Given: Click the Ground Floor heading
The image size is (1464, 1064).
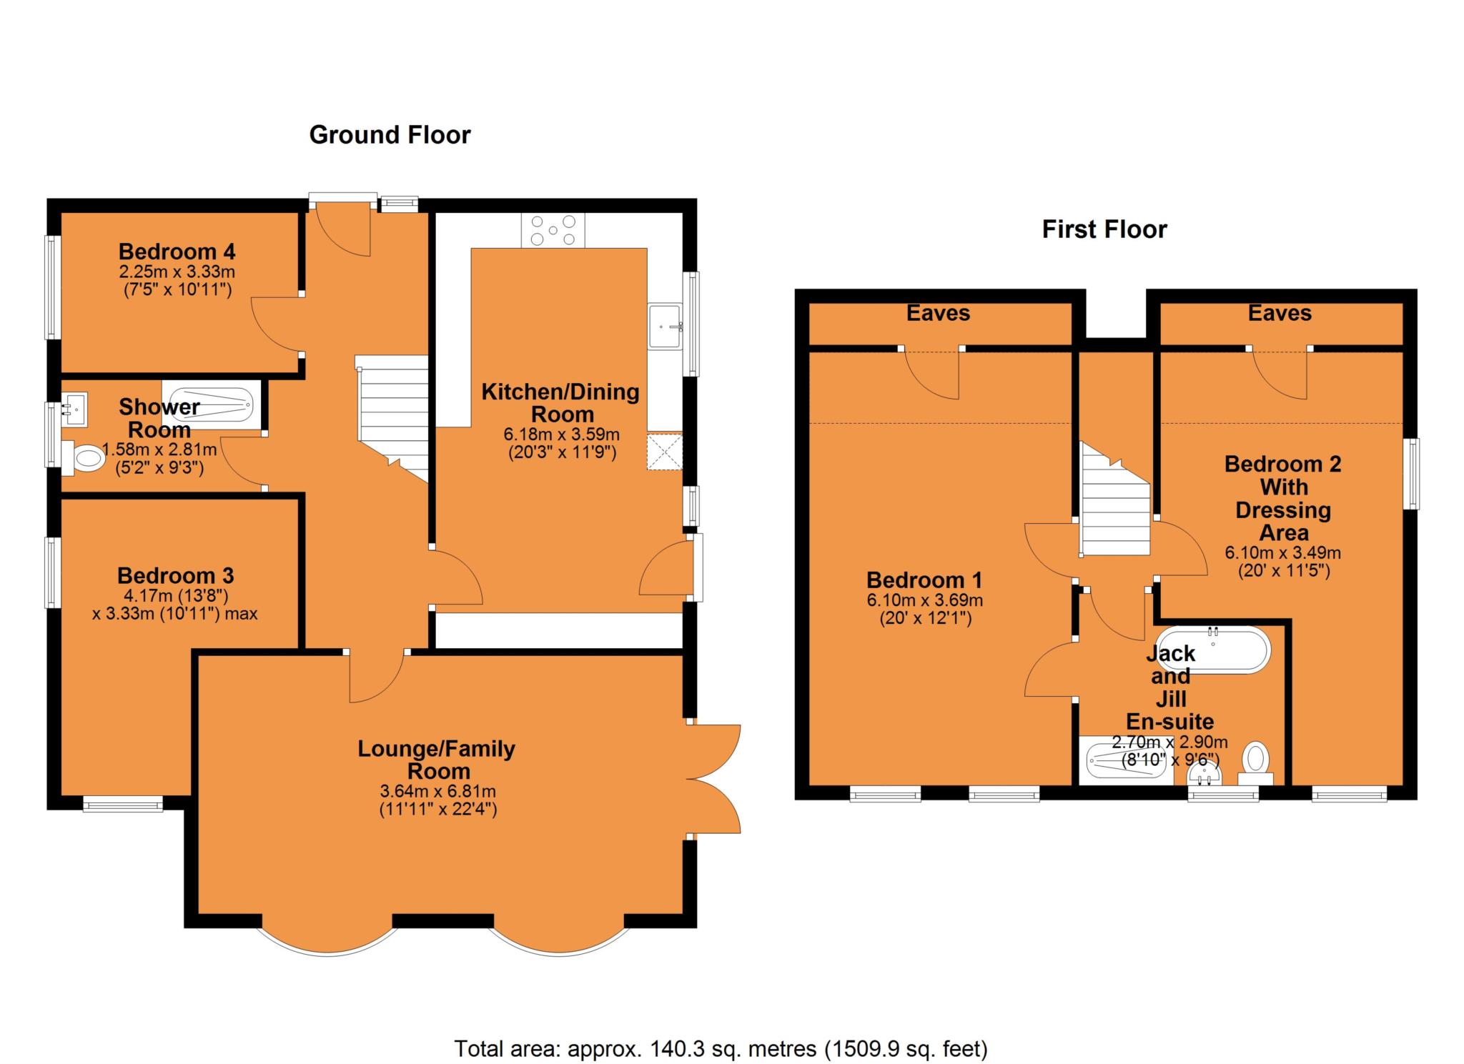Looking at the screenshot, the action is [390, 135].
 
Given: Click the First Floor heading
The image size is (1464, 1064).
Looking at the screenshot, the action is [1104, 229].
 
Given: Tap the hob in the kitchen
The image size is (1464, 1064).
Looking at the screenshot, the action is [553, 230].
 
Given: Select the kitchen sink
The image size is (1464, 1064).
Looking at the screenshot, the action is [666, 326].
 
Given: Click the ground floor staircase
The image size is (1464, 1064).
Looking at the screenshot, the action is [392, 418].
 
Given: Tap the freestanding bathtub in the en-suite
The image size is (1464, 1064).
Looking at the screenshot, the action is [1213, 650].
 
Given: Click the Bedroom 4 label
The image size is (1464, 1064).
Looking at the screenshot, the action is [177, 252].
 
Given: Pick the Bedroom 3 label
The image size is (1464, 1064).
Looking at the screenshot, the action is [176, 575].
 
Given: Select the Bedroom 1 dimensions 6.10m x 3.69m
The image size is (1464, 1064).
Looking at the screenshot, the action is [924, 600].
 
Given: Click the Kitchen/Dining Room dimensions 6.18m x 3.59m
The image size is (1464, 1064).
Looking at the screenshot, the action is [562, 434].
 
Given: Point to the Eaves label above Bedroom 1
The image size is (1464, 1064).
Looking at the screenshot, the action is [938, 313].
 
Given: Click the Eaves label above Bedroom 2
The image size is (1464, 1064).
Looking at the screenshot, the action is [1280, 313].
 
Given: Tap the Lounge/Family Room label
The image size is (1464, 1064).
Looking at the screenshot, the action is [437, 760].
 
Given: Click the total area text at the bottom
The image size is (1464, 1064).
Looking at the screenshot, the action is [721, 1048].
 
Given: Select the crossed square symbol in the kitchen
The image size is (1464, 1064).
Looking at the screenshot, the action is [665, 452].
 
